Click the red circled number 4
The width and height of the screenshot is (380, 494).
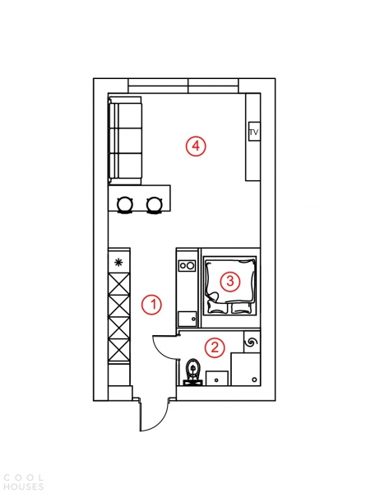pos(196,147)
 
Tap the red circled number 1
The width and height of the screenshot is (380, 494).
pos(151,305)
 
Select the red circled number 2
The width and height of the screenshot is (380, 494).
pos(215,347)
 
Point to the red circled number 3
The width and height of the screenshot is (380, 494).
pos(230,281)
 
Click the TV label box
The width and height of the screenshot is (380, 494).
pos(254,132)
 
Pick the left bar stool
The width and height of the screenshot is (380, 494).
pos(125,204)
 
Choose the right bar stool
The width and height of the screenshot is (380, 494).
pos(155,204)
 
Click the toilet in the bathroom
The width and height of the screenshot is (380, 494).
pos(192,371)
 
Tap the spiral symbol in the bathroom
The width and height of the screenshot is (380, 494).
pos(253,343)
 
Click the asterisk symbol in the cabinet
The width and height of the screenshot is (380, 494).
pos(118,262)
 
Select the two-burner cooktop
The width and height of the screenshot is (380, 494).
pos(187,266)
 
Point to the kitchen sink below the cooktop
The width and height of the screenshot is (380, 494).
pos(187,319)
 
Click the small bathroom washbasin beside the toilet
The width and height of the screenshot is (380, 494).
pos(217,378)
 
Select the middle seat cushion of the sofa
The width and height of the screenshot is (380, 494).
pos(126,141)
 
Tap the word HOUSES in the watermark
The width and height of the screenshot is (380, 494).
pos(24,487)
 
